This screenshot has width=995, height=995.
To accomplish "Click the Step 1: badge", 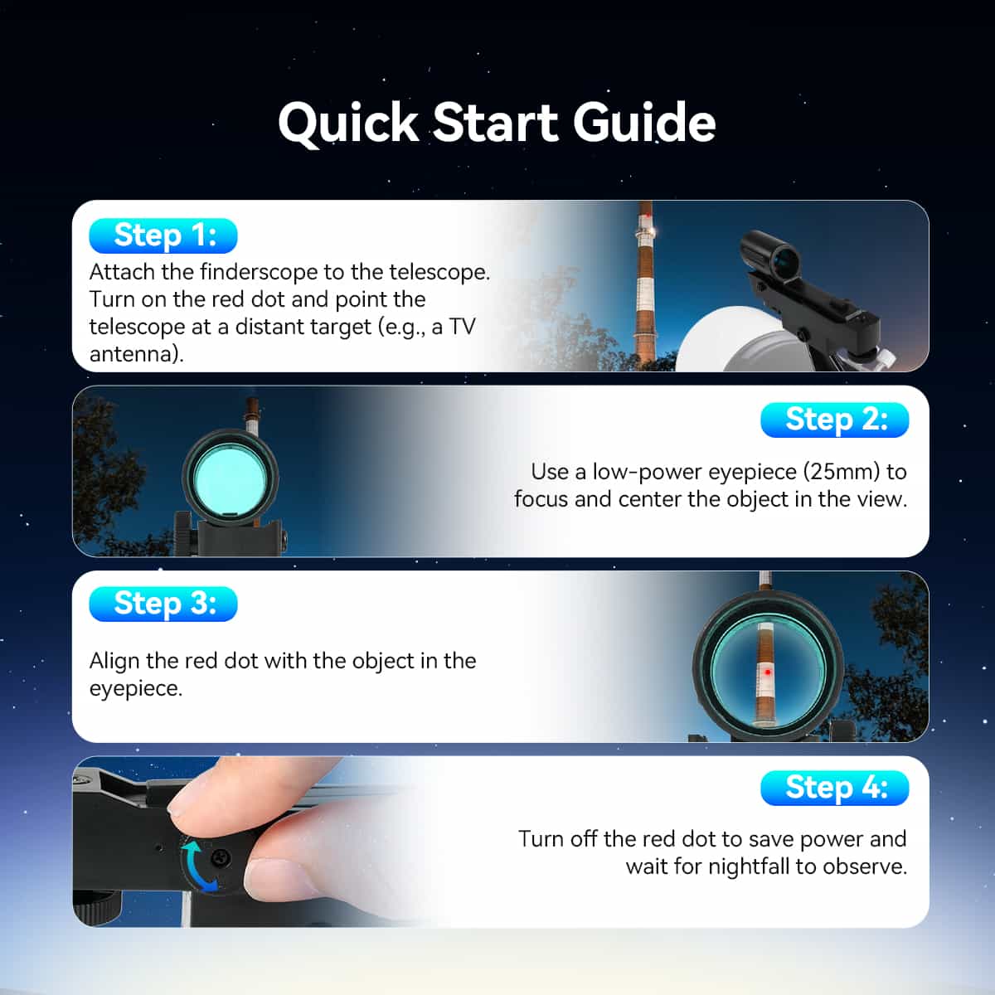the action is point(163,236).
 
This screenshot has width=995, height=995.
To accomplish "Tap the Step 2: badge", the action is point(834,420).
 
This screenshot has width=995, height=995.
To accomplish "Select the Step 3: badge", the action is point(163,604).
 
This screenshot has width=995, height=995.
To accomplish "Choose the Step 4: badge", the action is point(834,788).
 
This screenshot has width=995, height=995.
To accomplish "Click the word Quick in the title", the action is point(348,124).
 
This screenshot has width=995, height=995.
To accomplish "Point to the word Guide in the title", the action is point(644,122).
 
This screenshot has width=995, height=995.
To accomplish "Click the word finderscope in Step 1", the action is point(259,272).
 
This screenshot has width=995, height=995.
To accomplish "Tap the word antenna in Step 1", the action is point(134,354).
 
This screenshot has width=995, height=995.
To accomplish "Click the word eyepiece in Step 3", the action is point(135,689).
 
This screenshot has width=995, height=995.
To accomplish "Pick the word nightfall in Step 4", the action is point(749,866).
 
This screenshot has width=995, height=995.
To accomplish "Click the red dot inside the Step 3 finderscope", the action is point(768,672).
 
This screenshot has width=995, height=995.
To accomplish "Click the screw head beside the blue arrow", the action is point(221,858).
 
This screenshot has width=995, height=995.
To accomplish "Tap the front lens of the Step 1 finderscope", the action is point(785,258).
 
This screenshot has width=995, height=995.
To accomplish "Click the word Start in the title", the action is point(496,123).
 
